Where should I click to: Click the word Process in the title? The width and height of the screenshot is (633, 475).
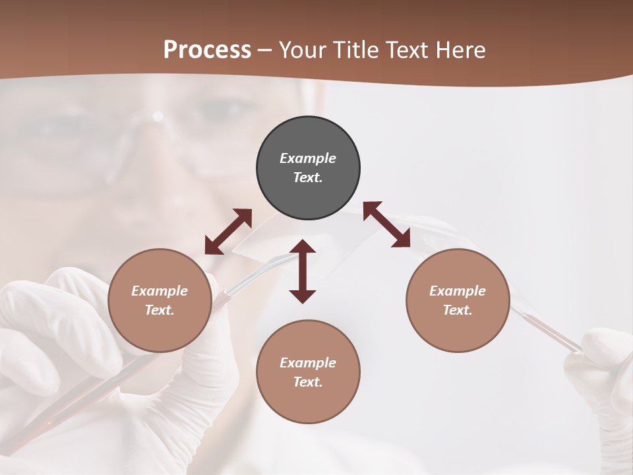pyautogui.click(x=207, y=50)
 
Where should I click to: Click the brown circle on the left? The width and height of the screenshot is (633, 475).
pyautogui.click(x=160, y=300)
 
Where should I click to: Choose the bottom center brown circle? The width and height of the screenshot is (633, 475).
pyautogui.click(x=308, y=371)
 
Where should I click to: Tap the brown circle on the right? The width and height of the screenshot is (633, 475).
pyautogui.click(x=458, y=300)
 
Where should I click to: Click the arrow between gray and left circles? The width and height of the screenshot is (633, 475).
pyautogui.click(x=228, y=232)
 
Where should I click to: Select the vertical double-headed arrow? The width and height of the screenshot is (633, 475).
pyautogui.click(x=303, y=271)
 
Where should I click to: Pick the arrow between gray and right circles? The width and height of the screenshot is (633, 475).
pyautogui.click(x=387, y=225)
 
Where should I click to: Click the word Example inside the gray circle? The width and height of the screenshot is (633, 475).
pyautogui.click(x=308, y=158)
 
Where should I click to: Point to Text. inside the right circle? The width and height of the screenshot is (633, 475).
pyautogui.click(x=458, y=310)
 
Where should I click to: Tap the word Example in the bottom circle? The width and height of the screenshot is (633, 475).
pyautogui.click(x=308, y=362)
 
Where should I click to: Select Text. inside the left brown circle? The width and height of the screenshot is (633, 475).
pyautogui.click(x=160, y=310)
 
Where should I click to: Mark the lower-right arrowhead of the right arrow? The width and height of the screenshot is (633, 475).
pyautogui.click(x=402, y=239)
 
